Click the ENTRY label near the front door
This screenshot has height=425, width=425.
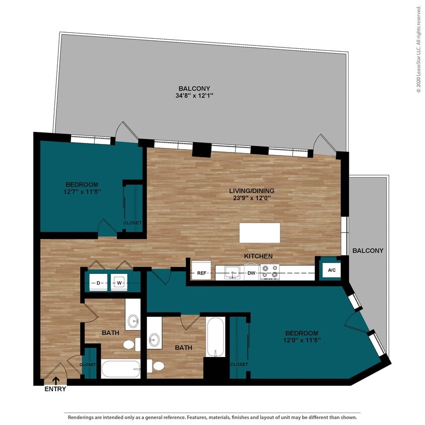coord(55,389)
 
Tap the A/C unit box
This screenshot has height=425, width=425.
coord(331,270)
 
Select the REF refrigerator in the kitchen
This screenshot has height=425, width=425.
coord(202,273)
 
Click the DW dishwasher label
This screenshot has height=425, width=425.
coord(251,273)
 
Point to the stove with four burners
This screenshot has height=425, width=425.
coord(269,272)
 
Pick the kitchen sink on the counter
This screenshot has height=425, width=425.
coord(232,272)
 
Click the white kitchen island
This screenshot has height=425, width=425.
coord(259,233)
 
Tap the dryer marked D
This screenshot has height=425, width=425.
coord(99,283)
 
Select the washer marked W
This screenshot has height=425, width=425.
coord(120,283)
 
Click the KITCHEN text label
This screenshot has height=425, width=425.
coord(258,256)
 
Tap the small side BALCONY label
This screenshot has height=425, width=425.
coord(368,250)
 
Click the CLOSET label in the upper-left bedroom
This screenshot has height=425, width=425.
coord(132,223)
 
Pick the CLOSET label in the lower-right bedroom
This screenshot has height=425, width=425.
coord(238,364)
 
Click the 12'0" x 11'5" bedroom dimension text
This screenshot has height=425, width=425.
coord(302,341)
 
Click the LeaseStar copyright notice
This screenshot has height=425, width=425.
coord(418,49)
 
